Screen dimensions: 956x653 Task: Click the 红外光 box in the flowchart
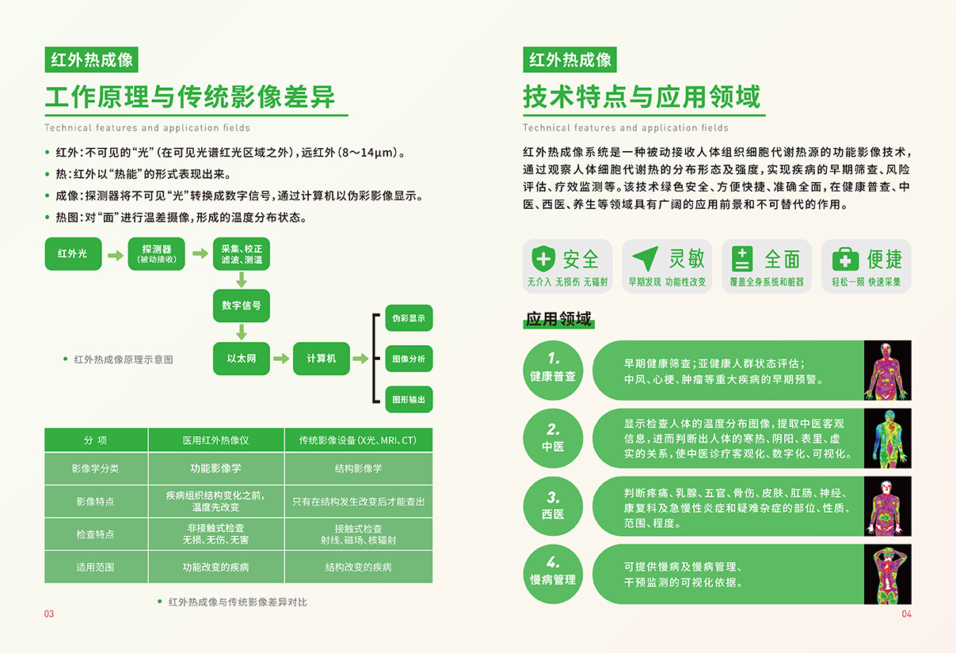click(73, 254)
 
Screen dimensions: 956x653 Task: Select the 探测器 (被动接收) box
click(156, 254)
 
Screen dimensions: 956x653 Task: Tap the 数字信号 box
click(241, 306)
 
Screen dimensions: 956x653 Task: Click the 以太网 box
click(241, 359)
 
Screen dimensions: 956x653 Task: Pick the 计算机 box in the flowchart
click(322, 359)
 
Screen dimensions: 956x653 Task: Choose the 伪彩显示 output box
click(409, 317)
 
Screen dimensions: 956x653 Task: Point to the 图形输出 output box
click(409, 399)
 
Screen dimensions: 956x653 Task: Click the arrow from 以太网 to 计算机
click(281, 359)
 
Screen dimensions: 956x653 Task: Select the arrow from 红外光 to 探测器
click(115, 256)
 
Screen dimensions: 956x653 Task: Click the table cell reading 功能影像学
click(216, 469)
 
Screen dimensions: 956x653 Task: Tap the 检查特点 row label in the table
click(96, 534)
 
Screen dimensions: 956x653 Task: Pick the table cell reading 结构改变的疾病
click(359, 567)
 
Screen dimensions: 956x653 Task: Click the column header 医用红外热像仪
click(216, 440)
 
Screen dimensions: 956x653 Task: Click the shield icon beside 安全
click(543, 259)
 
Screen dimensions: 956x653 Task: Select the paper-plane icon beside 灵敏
click(646, 258)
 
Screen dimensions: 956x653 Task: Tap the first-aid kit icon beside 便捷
click(845, 259)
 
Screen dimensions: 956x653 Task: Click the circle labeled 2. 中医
click(553, 438)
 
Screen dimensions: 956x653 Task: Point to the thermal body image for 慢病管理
click(888, 574)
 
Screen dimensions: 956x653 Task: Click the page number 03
click(49, 613)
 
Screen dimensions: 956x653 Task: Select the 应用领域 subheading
click(558, 319)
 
